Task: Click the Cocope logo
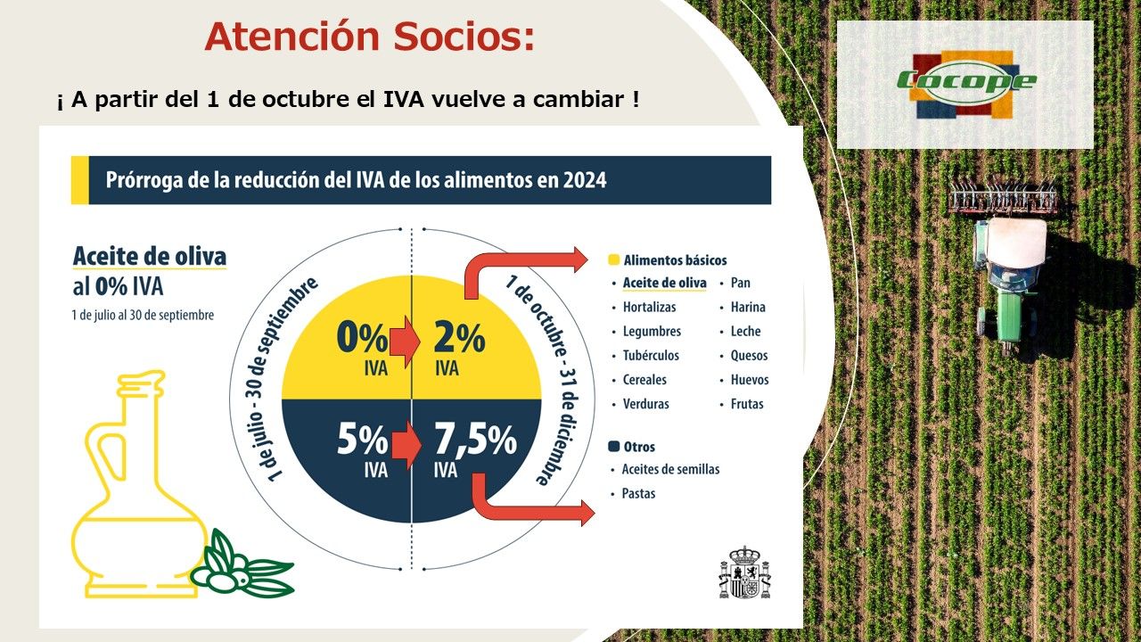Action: (x=965, y=84)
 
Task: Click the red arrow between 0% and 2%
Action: (x=405, y=341)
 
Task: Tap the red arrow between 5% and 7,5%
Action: (x=406, y=444)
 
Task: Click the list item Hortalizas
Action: (x=650, y=308)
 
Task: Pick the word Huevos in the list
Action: (x=750, y=380)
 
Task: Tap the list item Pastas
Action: (x=638, y=493)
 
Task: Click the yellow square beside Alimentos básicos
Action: (x=614, y=259)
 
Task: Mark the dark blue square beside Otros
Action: (x=614, y=447)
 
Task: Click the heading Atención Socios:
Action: (x=370, y=37)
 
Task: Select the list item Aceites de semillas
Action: (x=670, y=469)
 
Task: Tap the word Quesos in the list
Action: (x=749, y=356)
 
